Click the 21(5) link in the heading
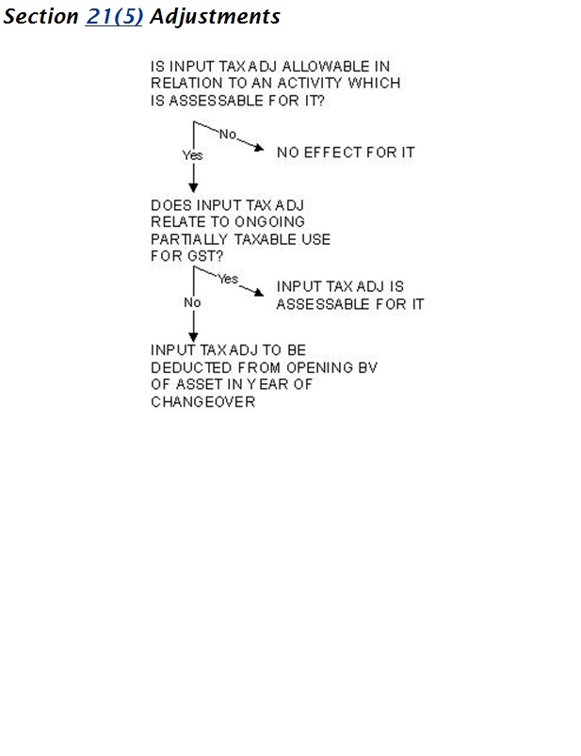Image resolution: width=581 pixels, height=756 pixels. tap(114, 17)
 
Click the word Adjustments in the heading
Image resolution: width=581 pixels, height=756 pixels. tap(215, 17)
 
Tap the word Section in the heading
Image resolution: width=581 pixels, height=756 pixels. tap(41, 17)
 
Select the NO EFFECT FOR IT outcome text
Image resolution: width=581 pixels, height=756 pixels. tap(346, 152)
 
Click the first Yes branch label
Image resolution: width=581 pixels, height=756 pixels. tap(192, 155)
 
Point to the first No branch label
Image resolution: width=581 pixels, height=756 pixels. tap(228, 135)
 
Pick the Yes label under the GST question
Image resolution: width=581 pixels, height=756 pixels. tap(228, 279)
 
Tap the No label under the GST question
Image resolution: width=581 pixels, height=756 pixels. tap(192, 303)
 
